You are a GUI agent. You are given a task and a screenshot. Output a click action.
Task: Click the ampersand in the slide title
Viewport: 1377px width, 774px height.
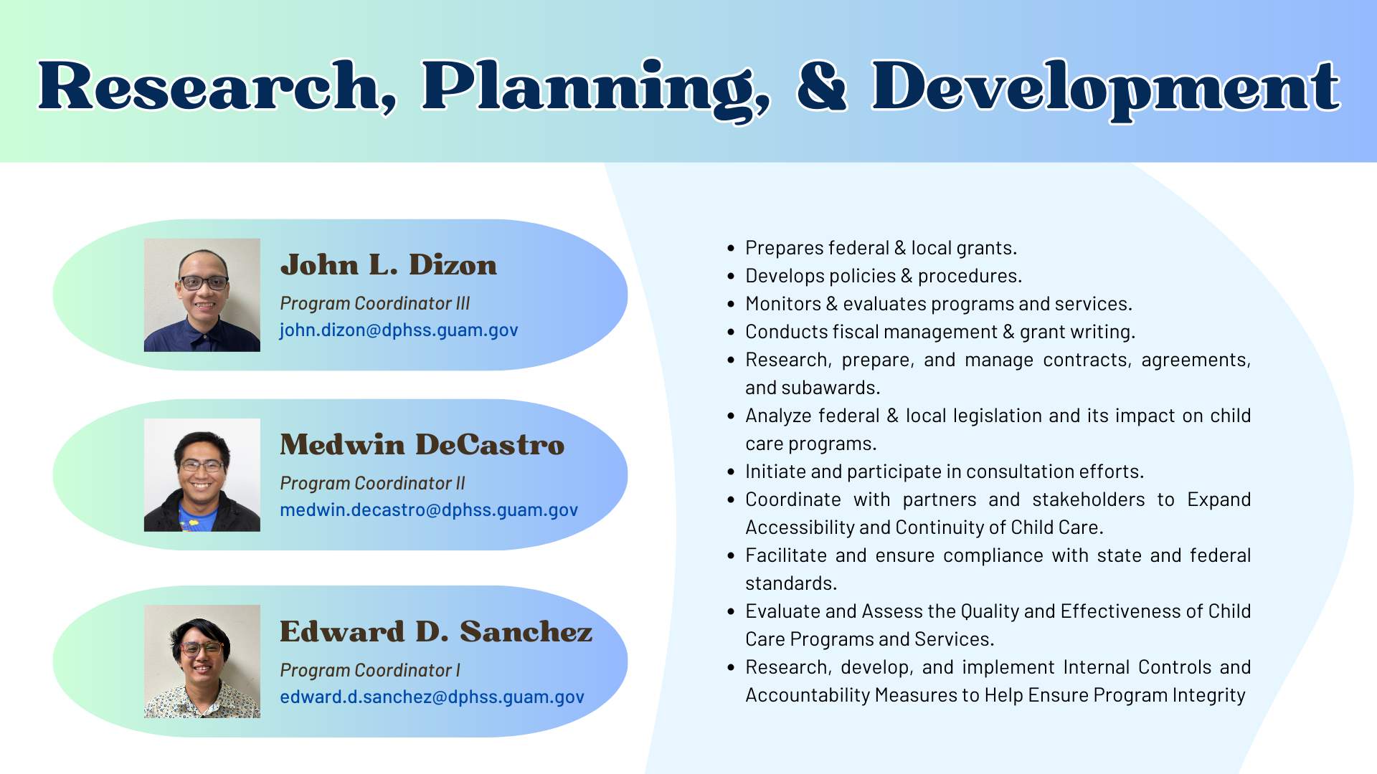point(823,86)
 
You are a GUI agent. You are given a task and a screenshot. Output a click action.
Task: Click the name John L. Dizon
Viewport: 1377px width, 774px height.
point(388,264)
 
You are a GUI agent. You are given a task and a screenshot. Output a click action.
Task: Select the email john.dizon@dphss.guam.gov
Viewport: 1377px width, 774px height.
point(399,330)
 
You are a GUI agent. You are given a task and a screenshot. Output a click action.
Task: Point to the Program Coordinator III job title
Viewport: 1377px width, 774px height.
point(374,303)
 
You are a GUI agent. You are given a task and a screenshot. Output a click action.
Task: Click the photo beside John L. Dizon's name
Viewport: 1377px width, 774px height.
point(202,295)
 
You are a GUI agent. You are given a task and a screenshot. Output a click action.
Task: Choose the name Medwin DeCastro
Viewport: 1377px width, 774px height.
point(422,444)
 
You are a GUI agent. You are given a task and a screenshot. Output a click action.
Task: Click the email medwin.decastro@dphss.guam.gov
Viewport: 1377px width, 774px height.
point(429,510)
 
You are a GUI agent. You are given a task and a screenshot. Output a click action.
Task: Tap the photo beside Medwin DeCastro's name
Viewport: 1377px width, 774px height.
point(202,475)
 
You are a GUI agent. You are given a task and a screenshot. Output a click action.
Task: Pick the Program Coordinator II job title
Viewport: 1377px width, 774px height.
point(372,483)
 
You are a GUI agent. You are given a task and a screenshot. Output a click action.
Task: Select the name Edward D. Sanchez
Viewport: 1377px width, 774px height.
point(436,631)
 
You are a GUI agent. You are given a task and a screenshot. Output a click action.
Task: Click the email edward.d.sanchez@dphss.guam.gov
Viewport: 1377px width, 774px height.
point(432,697)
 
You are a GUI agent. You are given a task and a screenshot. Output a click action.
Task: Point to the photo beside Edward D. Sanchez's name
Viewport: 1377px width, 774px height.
point(202,661)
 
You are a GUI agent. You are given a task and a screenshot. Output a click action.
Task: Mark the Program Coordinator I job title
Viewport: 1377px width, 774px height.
point(370,670)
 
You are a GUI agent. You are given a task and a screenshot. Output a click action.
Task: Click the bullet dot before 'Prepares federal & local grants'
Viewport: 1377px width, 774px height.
point(731,249)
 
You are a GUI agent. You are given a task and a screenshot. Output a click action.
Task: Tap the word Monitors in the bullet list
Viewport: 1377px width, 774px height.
point(783,304)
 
